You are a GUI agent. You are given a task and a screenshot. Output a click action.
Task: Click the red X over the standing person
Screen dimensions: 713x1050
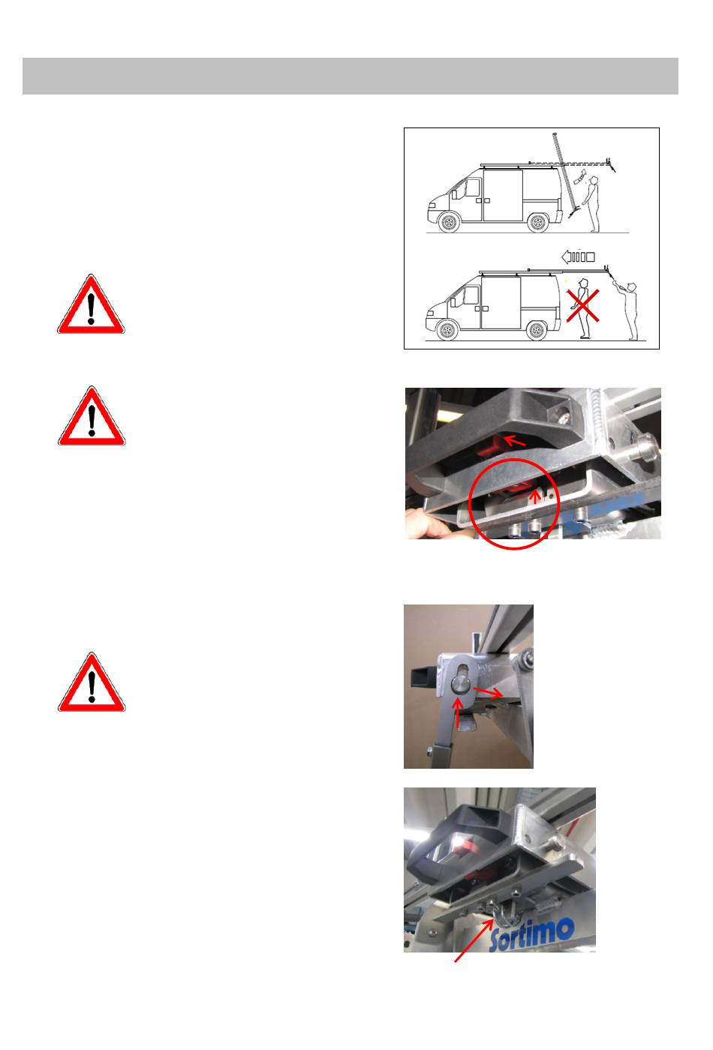tap(582, 306)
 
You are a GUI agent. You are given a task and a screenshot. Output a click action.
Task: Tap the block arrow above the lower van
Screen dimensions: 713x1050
tap(578, 256)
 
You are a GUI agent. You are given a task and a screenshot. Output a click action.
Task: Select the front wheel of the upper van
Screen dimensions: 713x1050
tap(449, 222)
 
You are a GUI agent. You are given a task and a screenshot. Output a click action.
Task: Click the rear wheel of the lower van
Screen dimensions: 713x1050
tap(535, 329)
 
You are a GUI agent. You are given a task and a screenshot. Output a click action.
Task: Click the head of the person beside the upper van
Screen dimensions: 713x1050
tap(594, 180)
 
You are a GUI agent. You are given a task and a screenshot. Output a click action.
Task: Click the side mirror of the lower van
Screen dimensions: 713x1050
tap(453, 301)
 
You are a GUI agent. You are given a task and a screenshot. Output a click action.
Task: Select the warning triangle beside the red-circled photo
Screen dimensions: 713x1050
tap(92, 415)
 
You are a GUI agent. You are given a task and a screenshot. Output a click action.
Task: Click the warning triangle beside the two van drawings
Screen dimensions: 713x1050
tap(91, 304)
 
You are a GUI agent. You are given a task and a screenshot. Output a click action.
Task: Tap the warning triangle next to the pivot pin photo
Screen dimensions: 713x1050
tap(92, 682)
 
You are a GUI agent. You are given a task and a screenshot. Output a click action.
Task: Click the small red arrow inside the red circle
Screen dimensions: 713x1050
tap(535, 496)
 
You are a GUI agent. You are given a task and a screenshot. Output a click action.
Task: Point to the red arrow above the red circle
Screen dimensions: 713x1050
tap(514, 441)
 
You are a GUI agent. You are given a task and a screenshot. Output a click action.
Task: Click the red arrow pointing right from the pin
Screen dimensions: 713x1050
tap(487, 691)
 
